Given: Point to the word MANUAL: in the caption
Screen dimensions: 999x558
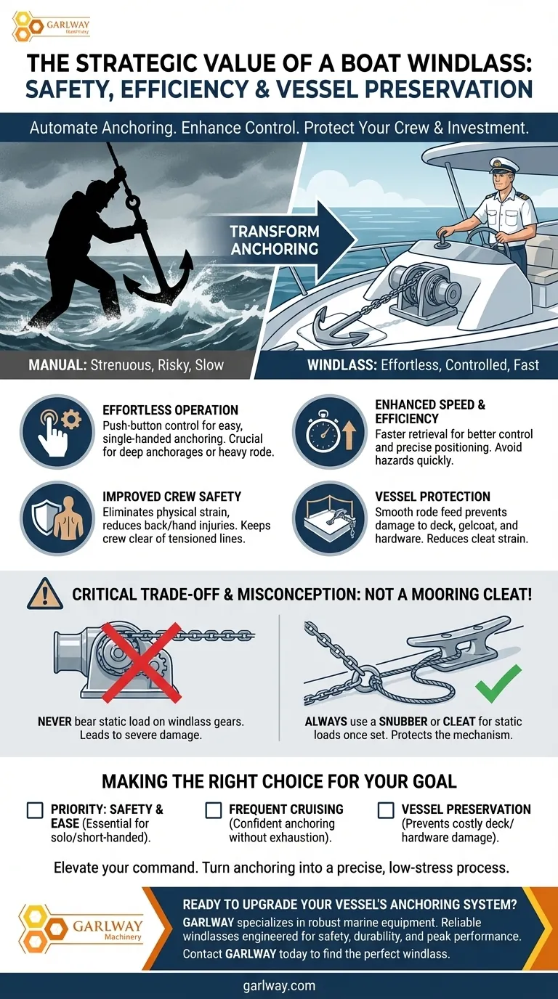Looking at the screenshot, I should click(x=57, y=364).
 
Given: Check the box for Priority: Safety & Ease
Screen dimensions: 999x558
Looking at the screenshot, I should click(x=35, y=810).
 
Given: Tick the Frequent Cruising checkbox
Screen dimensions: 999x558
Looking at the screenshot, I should click(x=213, y=810).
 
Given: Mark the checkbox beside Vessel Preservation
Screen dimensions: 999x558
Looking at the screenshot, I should click(x=387, y=810).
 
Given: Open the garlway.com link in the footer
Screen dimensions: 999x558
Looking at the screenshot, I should click(x=279, y=985).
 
